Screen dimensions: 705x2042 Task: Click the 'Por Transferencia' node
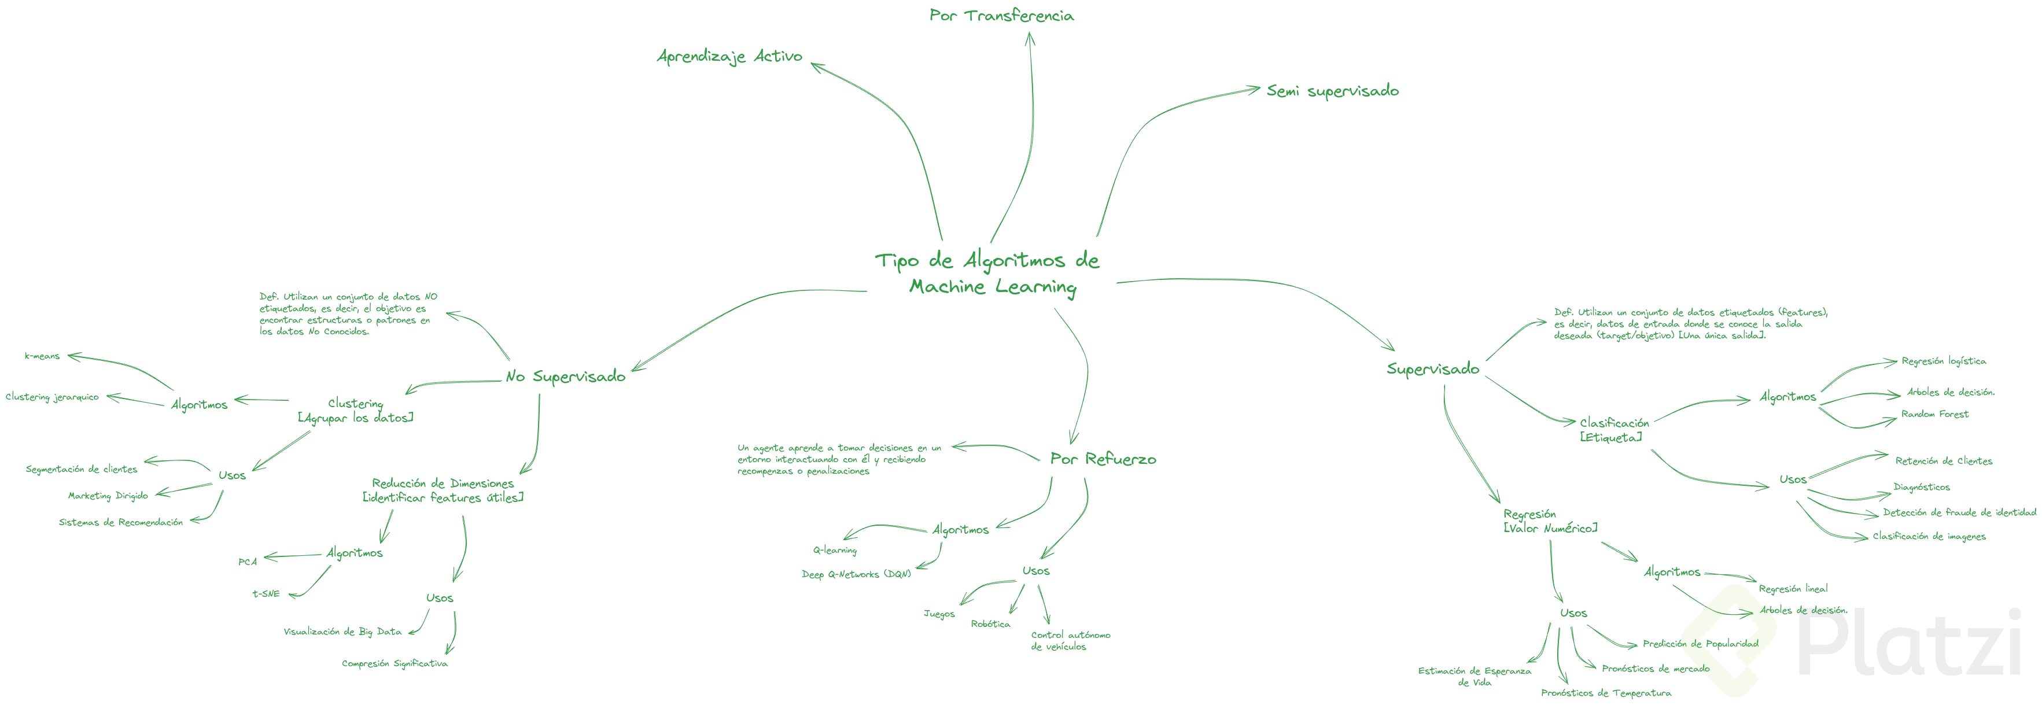1001,15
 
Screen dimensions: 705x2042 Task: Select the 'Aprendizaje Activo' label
729,56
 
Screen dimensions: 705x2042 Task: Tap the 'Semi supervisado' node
1333,91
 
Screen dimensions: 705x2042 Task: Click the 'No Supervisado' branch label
565,377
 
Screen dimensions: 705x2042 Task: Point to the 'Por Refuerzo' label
1103,459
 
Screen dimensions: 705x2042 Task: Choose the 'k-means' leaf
42,356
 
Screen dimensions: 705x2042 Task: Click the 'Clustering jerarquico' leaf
52,397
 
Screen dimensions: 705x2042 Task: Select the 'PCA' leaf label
248,562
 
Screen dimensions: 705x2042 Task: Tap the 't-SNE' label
266,593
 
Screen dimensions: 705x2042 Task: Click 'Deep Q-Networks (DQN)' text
856,574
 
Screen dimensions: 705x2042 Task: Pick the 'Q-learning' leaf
835,550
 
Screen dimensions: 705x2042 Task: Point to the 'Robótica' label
990,624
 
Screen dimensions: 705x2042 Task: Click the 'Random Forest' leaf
1934,414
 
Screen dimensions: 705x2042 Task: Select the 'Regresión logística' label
1944,361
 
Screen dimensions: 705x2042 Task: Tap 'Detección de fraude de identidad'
1959,512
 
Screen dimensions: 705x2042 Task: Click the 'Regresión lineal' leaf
1793,589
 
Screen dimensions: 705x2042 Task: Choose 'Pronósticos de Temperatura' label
1605,693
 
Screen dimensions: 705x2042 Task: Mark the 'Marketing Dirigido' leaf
108,496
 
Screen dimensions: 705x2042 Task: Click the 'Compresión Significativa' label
394,664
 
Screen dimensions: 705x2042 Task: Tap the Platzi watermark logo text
1911,643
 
